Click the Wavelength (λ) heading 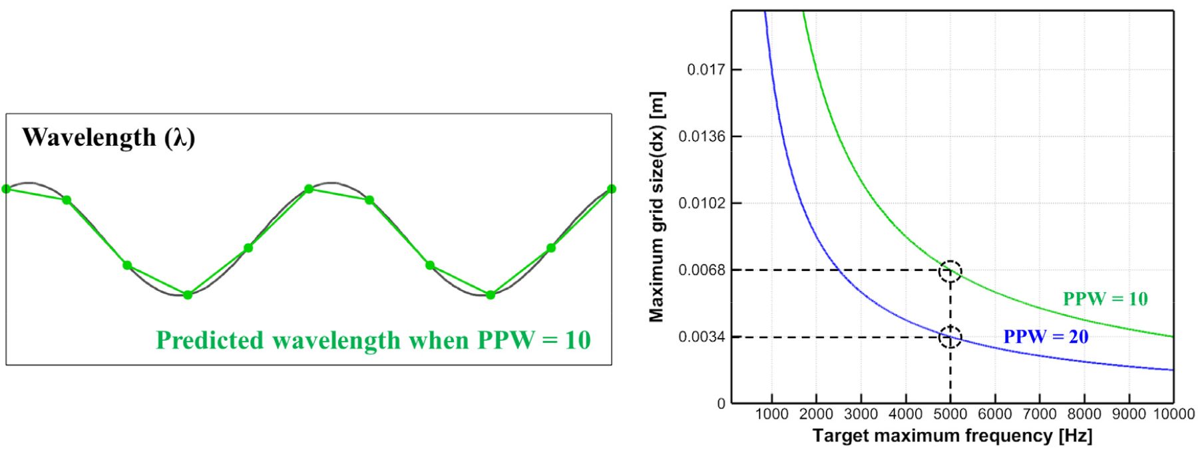coord(108,138)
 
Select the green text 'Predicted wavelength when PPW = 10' coord(373,340)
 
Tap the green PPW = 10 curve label coord(1105,299)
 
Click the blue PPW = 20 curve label coord(1046,337)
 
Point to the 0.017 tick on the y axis coord(705,69)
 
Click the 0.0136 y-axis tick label coord(701,136)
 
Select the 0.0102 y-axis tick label coord(701,203)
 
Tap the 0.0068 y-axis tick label coord(701,270)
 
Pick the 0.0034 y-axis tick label coord(701,337)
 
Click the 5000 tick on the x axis coord(950,414)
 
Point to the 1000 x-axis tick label coord(771,414)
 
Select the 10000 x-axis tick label coord(1173,414)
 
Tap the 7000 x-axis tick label coord(1040,414)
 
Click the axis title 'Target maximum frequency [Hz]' coord(952,436)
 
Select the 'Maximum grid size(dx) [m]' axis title coord(656,206)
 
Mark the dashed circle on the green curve coord(950,272)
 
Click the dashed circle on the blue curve coord(950,337)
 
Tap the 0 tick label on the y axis coord(721,403)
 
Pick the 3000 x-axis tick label coord(861,414)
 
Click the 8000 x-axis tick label coord(1084,414)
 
